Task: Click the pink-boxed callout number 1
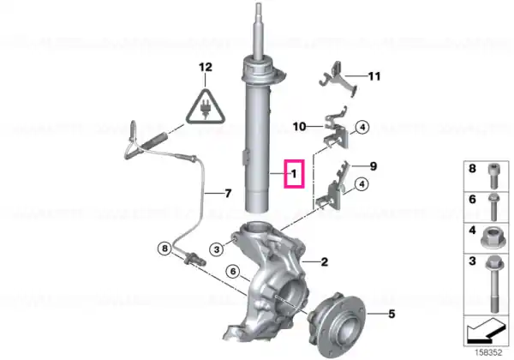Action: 294,174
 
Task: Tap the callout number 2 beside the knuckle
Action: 324,261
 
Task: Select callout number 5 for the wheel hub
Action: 391,314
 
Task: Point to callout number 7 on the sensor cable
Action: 228,194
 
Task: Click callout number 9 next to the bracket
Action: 374,166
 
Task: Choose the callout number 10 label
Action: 299,126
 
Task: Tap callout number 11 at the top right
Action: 374,76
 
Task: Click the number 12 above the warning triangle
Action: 206,67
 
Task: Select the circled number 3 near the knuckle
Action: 217,249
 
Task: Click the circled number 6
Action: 233,272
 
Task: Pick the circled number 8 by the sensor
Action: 164,249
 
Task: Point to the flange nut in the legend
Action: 493,237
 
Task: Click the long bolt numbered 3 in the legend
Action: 493,285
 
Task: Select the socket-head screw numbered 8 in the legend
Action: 493,176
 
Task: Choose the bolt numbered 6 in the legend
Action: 493,207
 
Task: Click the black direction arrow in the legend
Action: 486,331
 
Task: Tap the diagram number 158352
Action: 488,353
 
